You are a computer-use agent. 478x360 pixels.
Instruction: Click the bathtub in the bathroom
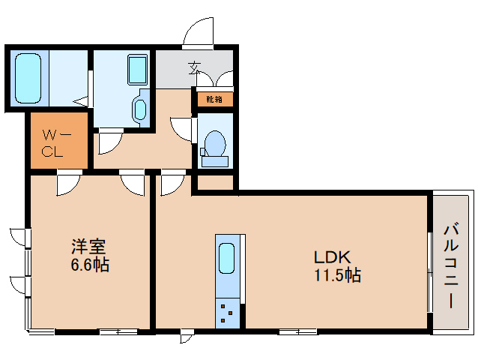pos(28,79)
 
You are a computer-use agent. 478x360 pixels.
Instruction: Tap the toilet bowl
pos(216,142)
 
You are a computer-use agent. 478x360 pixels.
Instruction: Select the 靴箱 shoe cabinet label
pos(214,98)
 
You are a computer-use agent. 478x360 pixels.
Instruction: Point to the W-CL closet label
pos(57,143)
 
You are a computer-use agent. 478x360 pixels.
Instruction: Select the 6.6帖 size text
pos(88,265)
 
